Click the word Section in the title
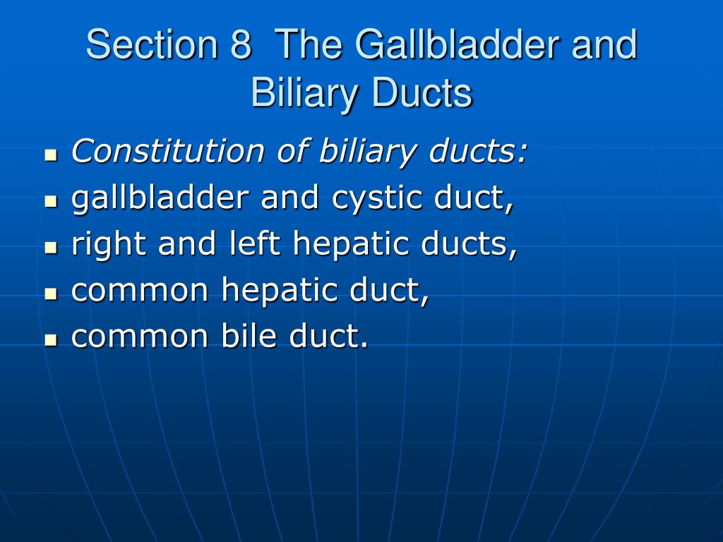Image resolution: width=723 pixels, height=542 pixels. coord(152,44)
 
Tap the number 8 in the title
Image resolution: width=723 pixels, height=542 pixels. coord(241,44)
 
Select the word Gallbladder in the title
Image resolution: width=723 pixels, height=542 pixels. coord(458,44)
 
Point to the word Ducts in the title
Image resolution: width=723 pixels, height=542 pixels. coord(422,92)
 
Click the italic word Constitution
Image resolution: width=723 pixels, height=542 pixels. coord(168,151)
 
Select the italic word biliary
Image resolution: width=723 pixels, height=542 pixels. coord(367,152)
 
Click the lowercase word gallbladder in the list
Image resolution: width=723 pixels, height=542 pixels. coord(160,198)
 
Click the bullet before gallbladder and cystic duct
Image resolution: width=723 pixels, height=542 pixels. coord(51,201)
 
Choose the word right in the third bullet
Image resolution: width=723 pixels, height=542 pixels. coord(109,244)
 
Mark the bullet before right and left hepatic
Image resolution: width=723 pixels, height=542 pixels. coord(51,248)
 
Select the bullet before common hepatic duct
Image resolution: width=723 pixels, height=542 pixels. coord(51,294)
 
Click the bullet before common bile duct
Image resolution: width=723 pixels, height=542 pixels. coord(51,340)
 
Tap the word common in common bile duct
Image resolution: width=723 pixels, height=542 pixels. coord(140,337)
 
